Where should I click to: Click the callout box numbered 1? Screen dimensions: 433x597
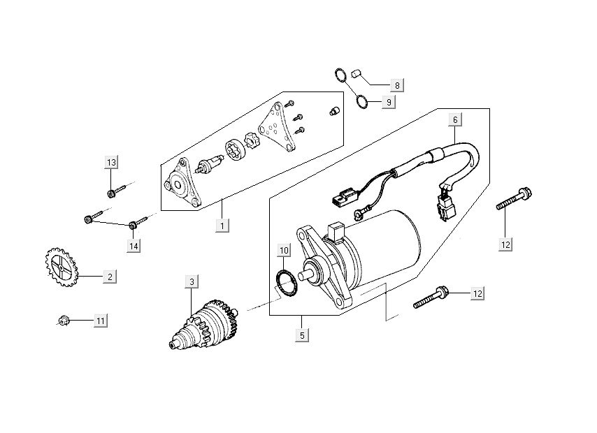(222, 226)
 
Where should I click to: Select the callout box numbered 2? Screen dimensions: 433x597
(110, 277)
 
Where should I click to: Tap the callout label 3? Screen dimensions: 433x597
(192, 281)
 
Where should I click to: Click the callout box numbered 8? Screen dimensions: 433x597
(396, 85)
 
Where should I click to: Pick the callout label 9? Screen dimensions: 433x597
(389, 102)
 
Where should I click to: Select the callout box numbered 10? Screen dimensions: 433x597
(284, 250)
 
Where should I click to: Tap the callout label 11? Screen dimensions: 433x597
(101, 321)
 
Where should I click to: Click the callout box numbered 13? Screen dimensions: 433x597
(111, 163)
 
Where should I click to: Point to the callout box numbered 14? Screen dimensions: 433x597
(132, 245)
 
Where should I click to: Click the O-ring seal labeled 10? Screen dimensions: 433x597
(285, 282)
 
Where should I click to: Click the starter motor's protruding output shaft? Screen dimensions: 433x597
(305, 273)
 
